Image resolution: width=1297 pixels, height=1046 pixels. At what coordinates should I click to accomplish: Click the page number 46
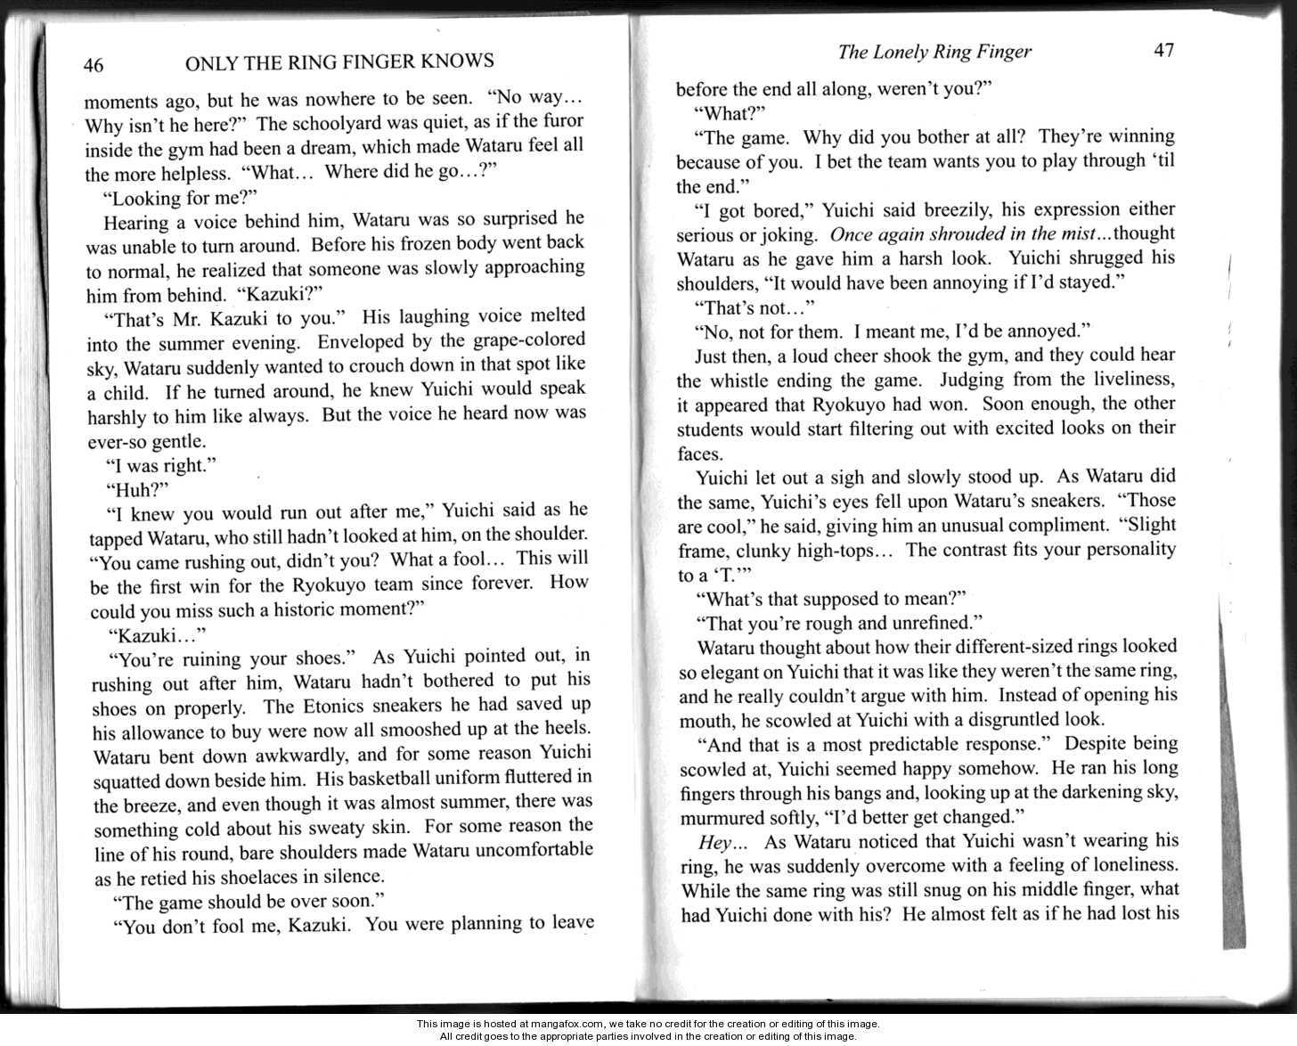tap(94, 65)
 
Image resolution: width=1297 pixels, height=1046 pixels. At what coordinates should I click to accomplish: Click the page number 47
tap(1164, 50)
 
